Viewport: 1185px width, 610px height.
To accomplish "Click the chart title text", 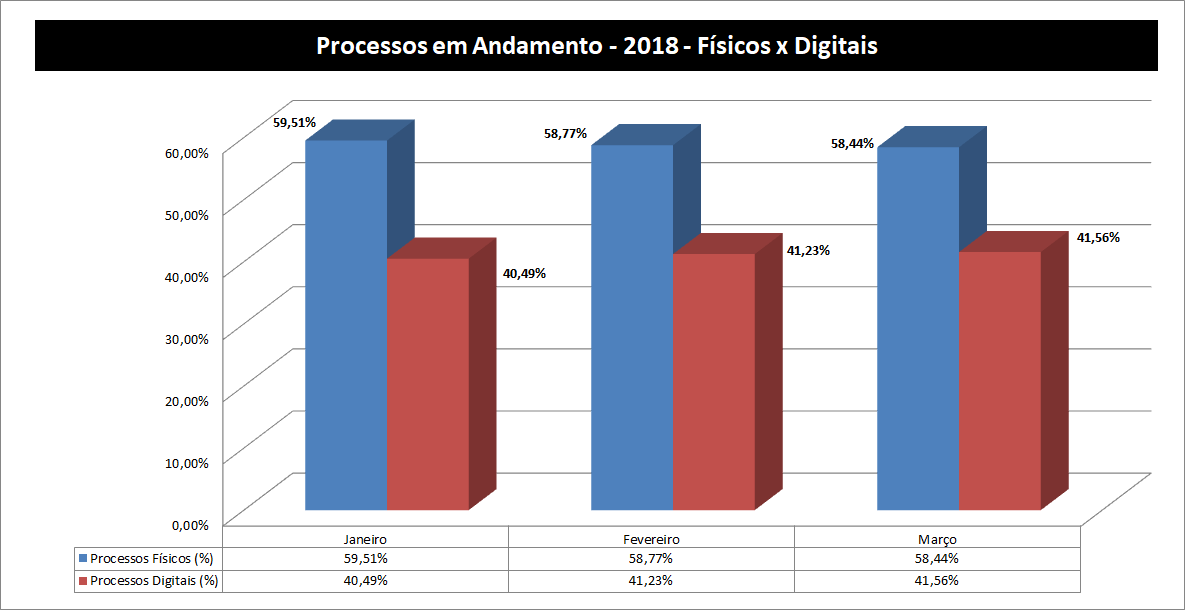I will coord(596,46).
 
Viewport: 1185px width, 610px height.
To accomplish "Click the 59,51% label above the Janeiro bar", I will coord(294,123).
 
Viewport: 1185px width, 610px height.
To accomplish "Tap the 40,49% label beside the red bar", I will coord(525,273).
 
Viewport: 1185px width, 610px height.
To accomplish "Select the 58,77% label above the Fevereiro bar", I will coord(565,133).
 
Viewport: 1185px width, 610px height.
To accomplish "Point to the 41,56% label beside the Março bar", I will coord(1097,238).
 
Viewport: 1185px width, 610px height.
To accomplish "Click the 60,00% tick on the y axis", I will coord(188,152).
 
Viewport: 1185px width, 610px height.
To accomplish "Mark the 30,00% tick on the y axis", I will coord(188,338).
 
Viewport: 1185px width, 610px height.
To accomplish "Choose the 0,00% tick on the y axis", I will coord(191,524).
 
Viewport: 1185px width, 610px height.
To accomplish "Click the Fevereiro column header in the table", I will coord(651,538).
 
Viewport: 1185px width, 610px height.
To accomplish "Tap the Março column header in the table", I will coord(937,538).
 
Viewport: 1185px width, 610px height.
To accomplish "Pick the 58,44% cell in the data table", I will coord(937,558).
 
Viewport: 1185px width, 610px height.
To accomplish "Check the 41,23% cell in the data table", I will coord(651,580).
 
